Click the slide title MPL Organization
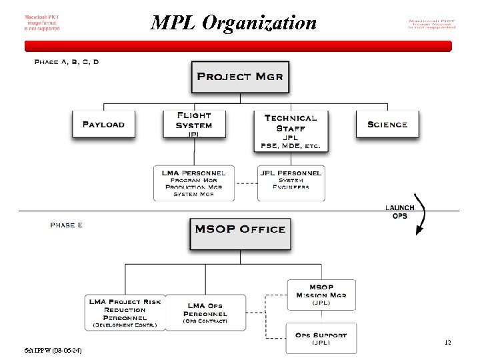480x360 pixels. tap(233, 23)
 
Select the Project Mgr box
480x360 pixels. tap(240, 77)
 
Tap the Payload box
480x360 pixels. tap(103, 124)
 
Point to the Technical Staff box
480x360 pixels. tap(291, 130)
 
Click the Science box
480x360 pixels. tap(387, 124)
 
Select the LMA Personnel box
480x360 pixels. tap(194, 183)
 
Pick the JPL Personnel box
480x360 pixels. tap(291, 182)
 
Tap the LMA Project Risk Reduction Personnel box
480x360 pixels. tap(125, 312)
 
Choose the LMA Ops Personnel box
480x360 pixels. tap(205, 312)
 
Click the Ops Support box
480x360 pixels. tap(321, 338)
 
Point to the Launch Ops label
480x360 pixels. tap(400, 211)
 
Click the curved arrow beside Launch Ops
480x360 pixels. tap(421, 213)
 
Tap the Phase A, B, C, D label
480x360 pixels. tap(67, 62)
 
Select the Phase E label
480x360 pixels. tap(67, 225)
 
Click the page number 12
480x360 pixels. tap(448, 343)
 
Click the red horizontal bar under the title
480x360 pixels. tap(238, 46)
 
